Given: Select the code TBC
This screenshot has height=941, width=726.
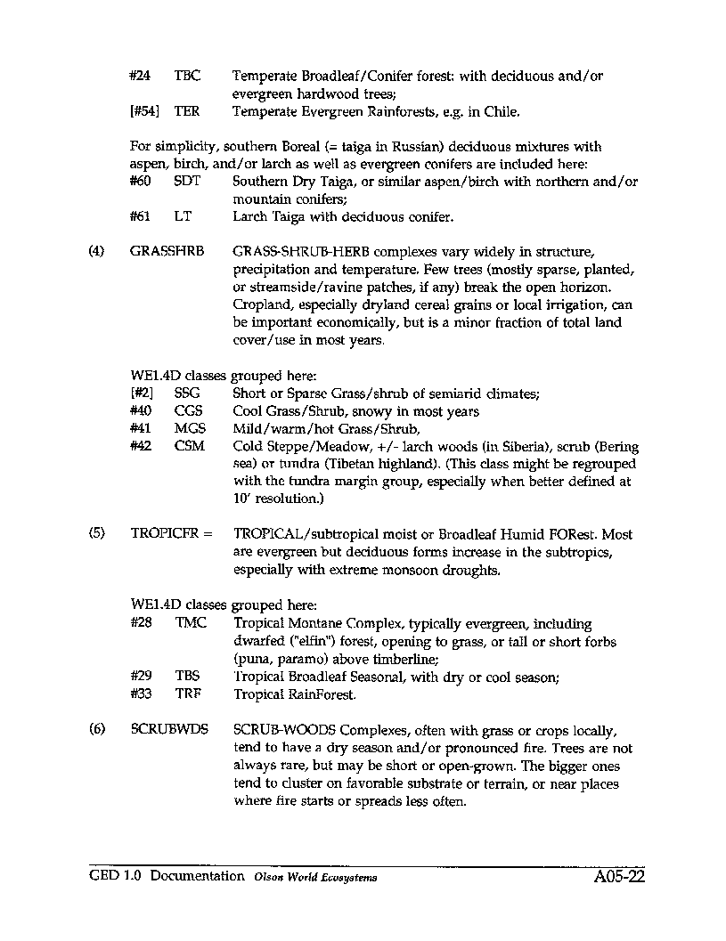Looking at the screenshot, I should point(187,77).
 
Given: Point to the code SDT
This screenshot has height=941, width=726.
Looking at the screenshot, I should point(188,181).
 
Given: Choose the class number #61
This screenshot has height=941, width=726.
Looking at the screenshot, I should point(140,215).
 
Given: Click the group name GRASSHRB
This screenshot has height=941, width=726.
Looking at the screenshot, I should point(167,252).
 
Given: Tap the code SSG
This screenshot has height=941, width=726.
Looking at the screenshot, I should point(188,393).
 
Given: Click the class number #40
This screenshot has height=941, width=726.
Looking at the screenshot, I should point(140,411).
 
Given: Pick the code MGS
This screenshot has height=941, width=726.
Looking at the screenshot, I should point(190,428).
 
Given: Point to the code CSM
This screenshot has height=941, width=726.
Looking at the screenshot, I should point(189,446).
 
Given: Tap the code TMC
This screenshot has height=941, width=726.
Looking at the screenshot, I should point(191,623).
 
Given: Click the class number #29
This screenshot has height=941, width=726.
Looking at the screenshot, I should point(140,677).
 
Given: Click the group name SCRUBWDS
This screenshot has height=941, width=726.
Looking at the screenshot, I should point(168,730).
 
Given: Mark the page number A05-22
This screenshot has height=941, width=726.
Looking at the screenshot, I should point(618,877).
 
